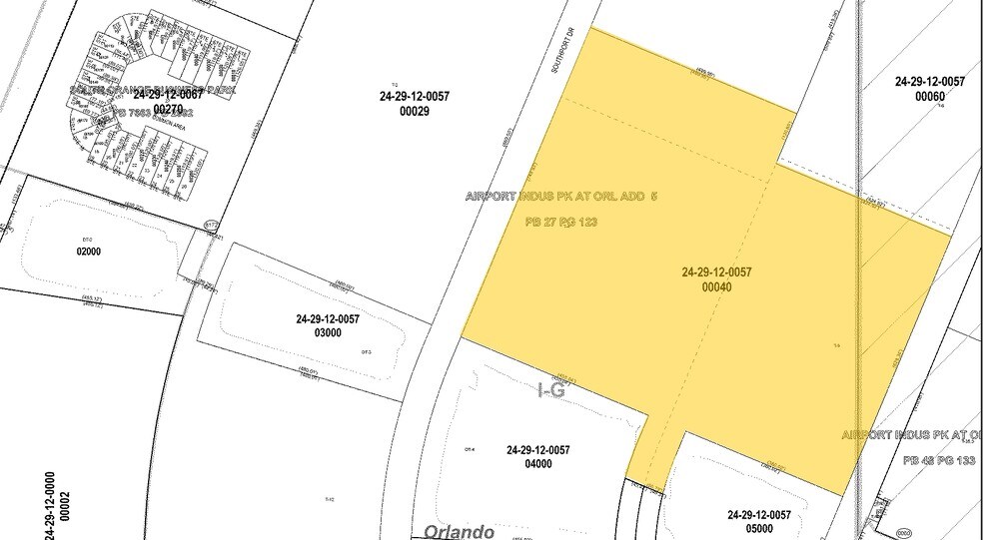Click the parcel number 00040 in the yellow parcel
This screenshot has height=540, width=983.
pyautogui.click(x=717, y=287)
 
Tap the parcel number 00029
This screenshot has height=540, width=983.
pyautogui.click(x=414, y=113)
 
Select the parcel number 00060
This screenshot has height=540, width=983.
pyautogui.click(x=929, y=97)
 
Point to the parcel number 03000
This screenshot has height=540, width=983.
pyautogui.click(x=327, y=333)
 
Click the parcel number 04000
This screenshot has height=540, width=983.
pyautogui.click(x=537, y=464)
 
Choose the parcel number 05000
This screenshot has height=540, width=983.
pyautogui.click(x=760, y=529)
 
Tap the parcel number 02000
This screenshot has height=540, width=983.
pyautogui.click(x=89, y=252)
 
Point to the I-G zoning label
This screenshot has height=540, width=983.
pyautogui.click(x=551, y=391)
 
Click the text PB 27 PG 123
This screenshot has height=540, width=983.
pyautogui.click(x=560, y=222)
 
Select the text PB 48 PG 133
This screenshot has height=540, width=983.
pyautogui.click(x=940, y=460)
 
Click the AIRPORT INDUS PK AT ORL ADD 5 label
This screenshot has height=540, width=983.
pyautogui.click(x=561, y=197)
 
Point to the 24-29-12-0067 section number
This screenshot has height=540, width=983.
pyautogui.click(x=168, y=95)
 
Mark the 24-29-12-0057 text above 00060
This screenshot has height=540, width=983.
pyautogui.click(x=929, y=81)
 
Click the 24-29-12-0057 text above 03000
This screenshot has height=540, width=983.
pyautogui.click(x=327, y=319)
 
